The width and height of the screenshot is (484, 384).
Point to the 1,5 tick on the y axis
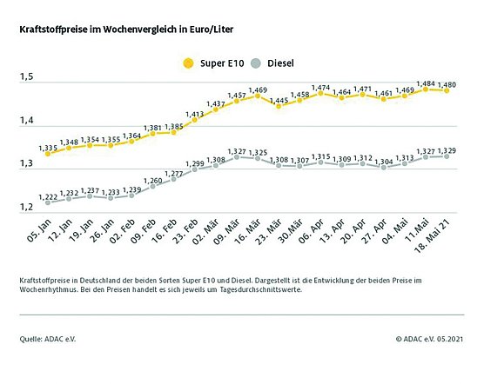(x=27, y=78)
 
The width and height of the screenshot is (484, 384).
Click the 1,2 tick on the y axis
(x=27, y=207)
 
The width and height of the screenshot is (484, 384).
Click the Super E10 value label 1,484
(x=425, y=83)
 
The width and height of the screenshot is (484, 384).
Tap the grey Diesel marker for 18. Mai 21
(x=447, y=156)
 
